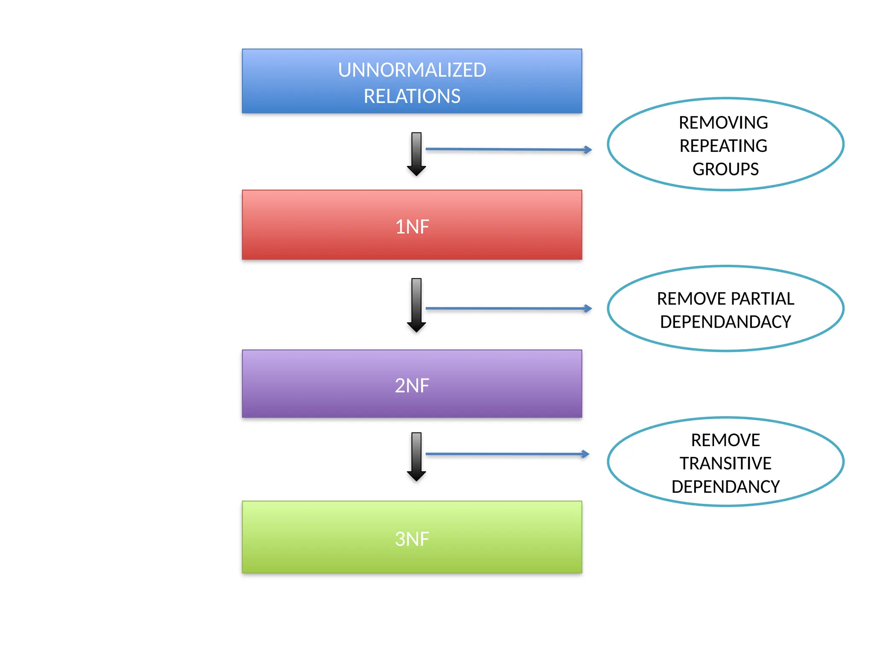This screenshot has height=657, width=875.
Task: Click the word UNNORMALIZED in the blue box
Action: pyautogui.click(x=412, y=70)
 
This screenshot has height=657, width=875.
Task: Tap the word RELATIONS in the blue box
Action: pyautogui.click(x=412, y=96)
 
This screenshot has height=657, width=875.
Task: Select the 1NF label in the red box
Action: pyautogui.click(x=412, y=227)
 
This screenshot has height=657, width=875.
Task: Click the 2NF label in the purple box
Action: pyautogui.click(x=412, y=385)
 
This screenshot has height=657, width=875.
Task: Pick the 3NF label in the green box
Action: pyautogui.click(x=412, y=539)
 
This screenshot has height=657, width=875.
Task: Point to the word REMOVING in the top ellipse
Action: pyautogui.click(x=723, y=123)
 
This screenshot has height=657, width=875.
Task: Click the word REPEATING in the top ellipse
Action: pyautogui.click(x=723, y=146)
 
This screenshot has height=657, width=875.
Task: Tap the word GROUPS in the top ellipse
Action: pyautogui.click(x=725, y=169)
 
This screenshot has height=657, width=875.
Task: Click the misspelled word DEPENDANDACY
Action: pyautogui.click(x=725, y=322)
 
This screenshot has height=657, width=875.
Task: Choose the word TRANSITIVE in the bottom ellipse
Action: pyautogui.click(x=725, y=463)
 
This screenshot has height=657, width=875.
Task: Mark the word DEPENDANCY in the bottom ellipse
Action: pyautogui.click(x=725, y=487)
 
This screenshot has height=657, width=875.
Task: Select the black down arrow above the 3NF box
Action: pyautogui.click(x=416, y=457)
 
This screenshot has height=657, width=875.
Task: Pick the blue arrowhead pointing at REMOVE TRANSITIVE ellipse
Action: pyautogui.click(x=585, y=454)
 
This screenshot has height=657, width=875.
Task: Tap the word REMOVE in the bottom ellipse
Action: pyautogui.click(x=725, y=440)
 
